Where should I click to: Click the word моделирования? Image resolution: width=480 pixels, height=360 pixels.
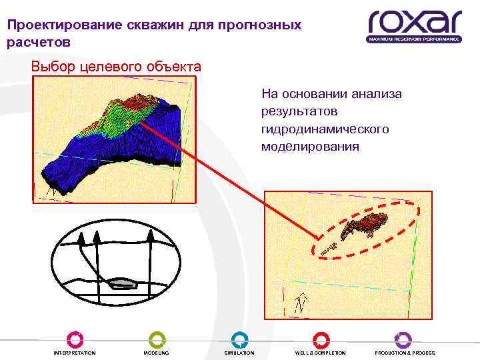(310, 145)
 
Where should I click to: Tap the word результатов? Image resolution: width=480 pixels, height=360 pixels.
(299, 111)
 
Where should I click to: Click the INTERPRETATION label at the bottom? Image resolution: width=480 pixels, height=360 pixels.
(74, 353)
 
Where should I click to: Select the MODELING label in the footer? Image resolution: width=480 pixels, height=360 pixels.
(157, 353)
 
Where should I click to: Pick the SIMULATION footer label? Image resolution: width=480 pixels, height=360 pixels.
(239, 353)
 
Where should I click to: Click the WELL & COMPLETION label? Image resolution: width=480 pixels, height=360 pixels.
(321, 353)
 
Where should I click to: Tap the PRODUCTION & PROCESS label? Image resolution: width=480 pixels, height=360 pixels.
(405, 353)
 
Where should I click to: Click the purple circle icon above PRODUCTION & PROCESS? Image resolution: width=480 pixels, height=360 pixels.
(403, 339)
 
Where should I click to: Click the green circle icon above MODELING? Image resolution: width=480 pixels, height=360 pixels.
(157, 339)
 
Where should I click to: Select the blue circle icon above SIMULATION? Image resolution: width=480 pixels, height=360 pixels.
(239, 339)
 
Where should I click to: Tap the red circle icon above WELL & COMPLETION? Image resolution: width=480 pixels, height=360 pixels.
(321, 339)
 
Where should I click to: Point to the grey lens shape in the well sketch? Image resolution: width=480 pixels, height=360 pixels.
(124, 283)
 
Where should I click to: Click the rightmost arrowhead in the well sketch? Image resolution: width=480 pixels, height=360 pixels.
(151, 235)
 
